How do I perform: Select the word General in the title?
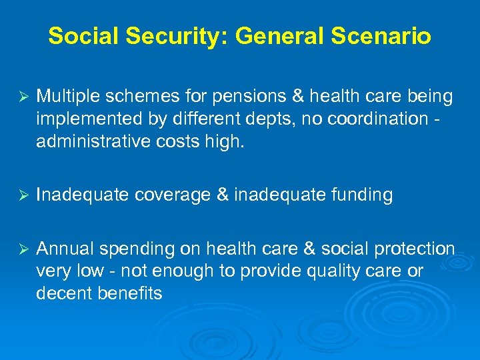(267, 36)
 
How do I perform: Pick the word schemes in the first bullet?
(141, 97)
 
